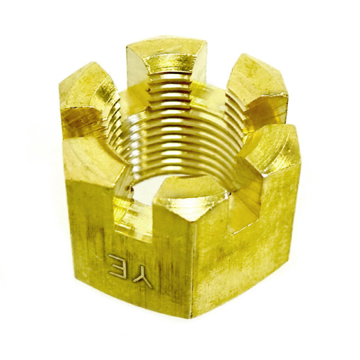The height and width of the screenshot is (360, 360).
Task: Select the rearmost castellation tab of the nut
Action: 167,60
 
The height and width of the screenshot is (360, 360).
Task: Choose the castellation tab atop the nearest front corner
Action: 192,203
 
